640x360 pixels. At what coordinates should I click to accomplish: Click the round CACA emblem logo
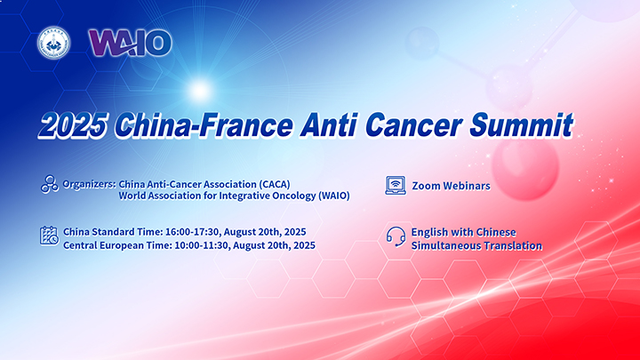point(53,43)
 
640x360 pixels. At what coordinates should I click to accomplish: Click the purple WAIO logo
point(130,43)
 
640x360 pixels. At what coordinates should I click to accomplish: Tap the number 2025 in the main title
point(74,125)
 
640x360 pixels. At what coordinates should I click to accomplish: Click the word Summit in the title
point(521,125)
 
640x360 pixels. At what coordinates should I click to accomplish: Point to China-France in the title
point(204,125)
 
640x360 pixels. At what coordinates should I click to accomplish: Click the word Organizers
point(89,185)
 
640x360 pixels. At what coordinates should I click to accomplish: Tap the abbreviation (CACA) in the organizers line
point(275,185)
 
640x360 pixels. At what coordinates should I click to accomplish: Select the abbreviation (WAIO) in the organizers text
point(334,196)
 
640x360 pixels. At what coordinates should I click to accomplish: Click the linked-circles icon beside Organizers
point(50,184)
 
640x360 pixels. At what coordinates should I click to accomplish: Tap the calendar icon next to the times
point(49,236)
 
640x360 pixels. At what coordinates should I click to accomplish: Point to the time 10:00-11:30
point(201,245)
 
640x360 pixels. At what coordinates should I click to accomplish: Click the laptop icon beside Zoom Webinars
point(396,185)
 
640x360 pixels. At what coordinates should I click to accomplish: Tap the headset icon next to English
point(396,237)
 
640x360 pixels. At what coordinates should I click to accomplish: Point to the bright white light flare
point(200,90)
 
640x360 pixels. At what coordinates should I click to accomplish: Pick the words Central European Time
point(117,245)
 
